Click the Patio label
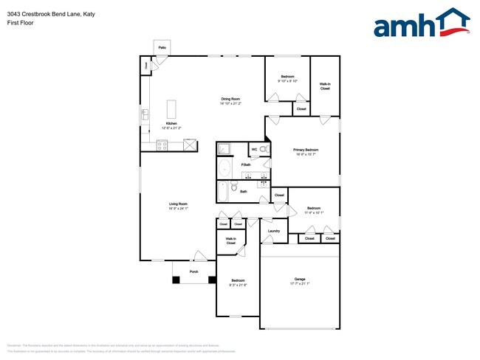162,48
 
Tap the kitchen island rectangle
172,109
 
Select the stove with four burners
162,145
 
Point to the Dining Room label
230,99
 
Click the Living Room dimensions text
178,209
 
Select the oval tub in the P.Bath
225,169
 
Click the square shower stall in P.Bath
224,149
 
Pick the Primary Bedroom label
306,150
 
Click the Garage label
300,279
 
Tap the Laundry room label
273,232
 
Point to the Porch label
194,271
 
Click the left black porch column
176,280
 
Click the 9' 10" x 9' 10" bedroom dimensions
287,81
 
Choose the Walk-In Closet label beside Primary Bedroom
325,86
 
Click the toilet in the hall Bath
234,189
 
